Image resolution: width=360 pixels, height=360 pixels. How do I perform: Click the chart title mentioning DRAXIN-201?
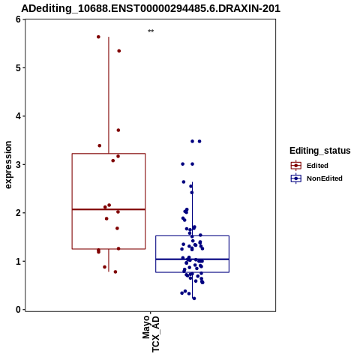[x=151, y=8]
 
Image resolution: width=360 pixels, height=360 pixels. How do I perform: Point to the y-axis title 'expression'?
[x=8, y=165]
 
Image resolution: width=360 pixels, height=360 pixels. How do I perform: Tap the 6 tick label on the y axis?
[x=18, y=19]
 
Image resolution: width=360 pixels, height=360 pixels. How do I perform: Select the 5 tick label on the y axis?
[x=18, y=67]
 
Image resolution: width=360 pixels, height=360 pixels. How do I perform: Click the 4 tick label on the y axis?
[x=18, y=116]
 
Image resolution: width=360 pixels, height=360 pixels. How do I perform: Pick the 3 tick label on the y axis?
[x=18, y=164]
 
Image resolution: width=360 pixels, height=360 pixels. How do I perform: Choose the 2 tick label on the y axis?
[x=18, y=213]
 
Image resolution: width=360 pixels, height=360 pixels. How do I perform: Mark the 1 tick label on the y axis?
[x=18, y=261]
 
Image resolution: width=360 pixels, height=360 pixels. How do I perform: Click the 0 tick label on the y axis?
[x=18, y=310]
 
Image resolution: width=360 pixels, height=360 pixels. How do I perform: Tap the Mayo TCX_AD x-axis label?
[x=151, y=334]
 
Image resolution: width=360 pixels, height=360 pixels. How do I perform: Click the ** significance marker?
[x=151, y=31]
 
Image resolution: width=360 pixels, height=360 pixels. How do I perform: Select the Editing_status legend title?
[x=320, y=151]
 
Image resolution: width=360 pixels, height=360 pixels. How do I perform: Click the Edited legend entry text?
[x=317, y=166]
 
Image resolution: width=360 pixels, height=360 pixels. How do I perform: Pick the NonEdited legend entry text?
[x=325, y=178]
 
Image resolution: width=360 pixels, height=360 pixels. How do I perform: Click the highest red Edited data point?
[x=98, y=37]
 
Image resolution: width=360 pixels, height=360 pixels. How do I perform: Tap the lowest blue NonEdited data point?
[x=194, y=298]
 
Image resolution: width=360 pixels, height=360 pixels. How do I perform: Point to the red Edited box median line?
[x=109, y=209]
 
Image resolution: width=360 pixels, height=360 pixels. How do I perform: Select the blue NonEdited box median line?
[x=193, y=259]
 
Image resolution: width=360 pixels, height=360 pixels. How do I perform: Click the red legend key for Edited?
[x=296, y=166]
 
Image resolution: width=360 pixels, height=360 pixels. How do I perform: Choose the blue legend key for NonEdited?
[x=296, y=178]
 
